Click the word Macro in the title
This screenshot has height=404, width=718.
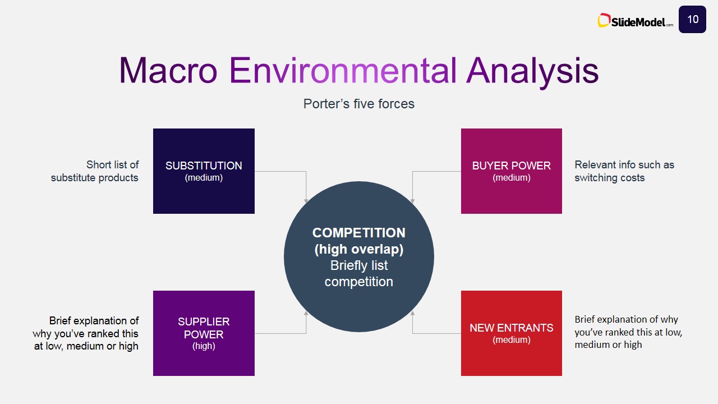coord(168,70)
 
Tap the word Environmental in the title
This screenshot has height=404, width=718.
coord(343,70)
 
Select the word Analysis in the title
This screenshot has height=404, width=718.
coord(532,72)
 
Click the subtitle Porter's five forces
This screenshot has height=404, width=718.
coord(358,104)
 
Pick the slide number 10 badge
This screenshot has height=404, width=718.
coord(692,19)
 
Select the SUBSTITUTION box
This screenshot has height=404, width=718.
coord(204,171)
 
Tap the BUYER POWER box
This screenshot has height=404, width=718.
coord(512,171)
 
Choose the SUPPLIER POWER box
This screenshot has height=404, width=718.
coord(204,333)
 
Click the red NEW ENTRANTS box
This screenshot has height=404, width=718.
coord(512,333)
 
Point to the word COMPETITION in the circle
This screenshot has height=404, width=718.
coord(358,233)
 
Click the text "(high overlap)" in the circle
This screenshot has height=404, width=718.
coord(358,250)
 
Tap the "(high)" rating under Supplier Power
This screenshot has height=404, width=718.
coord(204,346)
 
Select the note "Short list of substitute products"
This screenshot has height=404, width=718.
coord(95,171)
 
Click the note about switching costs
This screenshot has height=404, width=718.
coord(624,171)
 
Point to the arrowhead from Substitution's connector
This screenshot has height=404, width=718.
coord(306,201)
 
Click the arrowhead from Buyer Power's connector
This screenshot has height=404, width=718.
coord(412,201)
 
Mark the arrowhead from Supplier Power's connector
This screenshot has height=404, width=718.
coord(306,313)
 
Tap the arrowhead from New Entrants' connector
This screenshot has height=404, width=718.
coord(412,313)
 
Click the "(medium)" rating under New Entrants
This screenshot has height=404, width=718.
coord(512,340)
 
